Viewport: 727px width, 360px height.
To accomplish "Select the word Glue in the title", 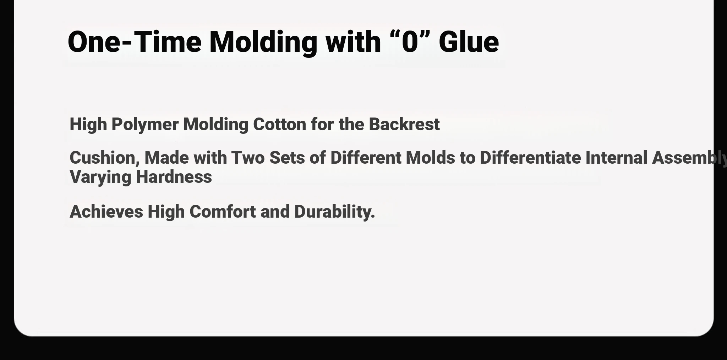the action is click(469, 42).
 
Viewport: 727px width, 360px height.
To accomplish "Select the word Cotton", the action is click(279, 125).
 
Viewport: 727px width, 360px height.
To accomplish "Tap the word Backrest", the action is click(404, 124).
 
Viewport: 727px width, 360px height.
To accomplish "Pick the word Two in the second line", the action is click(248, 158).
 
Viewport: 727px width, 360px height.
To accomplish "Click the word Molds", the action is click(430, 158).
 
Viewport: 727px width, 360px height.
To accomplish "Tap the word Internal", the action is click(616, 158).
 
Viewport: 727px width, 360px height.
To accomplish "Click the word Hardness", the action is click(174, 177).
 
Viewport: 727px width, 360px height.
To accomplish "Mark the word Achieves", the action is click(106, 212).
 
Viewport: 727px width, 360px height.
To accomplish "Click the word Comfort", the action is click(223, 212).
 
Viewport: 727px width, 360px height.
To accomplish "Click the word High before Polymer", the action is click(88, 125).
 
